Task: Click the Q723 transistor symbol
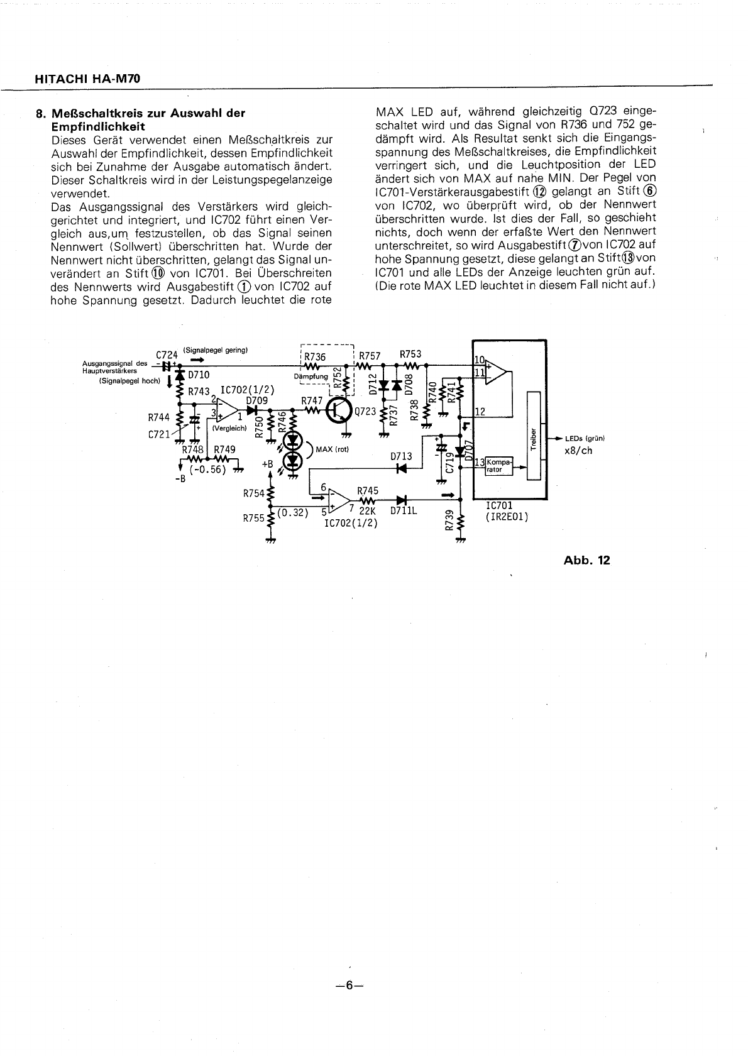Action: [339, 411]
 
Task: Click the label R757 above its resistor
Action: [370, 356]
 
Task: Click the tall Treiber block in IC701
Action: [534, 435]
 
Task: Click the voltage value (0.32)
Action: [293, 512]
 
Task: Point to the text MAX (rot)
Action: [333, 449]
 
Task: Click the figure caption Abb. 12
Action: [586, 560]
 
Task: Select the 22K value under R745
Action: [366, 511]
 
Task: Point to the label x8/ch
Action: [578, 451]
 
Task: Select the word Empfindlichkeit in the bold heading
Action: [97, 126]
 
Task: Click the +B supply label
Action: [268, 464]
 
